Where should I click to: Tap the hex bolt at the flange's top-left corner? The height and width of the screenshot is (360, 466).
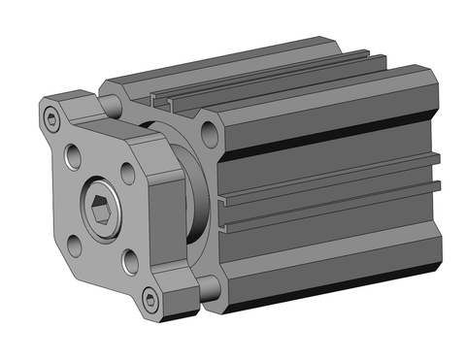pos(51,119)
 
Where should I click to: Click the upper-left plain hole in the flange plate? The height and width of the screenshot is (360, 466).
pos(74,154)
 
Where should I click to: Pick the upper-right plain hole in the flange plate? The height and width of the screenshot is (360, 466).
pos(129,172)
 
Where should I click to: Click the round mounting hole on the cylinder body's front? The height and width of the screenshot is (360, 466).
pos(208,132)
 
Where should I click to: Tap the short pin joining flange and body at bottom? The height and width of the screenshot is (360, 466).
pos(206,285)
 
